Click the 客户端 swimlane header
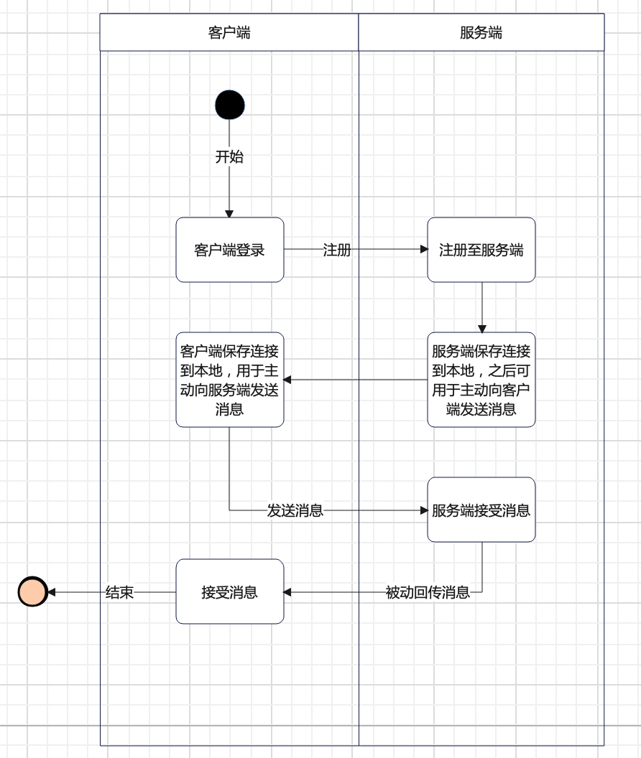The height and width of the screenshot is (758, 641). (x=229, y=32)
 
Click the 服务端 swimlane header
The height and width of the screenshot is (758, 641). (x=481, y=32)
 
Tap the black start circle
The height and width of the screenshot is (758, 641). (x=230, y=105)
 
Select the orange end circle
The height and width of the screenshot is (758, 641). (x=32, y=592)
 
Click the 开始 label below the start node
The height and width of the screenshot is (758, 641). (x=229, y=156)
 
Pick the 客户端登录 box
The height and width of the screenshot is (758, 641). (x=230, y=250)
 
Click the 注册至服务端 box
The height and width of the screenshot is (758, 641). (x=481, y=250)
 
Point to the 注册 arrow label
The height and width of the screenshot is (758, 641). (x=336, y=250)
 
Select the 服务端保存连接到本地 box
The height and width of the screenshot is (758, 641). (x=481, y=380)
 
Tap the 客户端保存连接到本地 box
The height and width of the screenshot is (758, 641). (x=230, y=380)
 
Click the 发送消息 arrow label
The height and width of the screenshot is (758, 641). (x=295, y=510)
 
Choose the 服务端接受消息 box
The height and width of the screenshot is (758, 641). (x=481, y=510)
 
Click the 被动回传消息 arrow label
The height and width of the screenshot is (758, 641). (x=427, y=592)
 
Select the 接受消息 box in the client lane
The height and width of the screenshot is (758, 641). (x=230, y=591)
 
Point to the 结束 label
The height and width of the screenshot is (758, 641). (x=119, y=592)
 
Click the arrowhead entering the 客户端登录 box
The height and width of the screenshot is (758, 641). (x=229, y=213)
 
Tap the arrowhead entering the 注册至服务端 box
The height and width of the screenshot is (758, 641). (x=423, y=250)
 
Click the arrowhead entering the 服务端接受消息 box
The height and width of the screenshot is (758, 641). (x=423, y=510)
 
